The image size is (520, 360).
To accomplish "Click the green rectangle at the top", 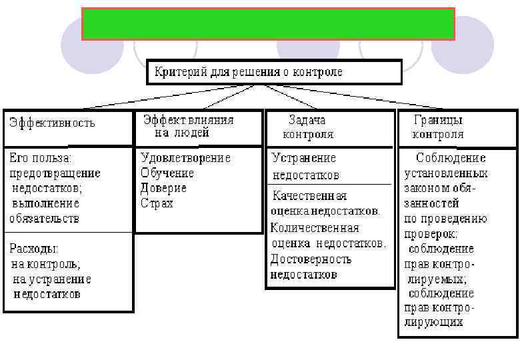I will click(268, 24).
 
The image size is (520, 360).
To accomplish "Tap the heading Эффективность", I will click(52, 123).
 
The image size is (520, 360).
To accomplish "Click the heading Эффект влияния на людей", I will click(188, 126).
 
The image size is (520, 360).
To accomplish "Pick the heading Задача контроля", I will click(307, 127).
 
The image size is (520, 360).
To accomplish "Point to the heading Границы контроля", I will click(438, 127).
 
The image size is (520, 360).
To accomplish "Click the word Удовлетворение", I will click(185, 158).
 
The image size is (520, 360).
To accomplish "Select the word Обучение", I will click(167, 173).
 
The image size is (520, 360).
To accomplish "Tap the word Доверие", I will click(164, 187).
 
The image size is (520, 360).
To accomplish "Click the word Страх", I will click(157, 203).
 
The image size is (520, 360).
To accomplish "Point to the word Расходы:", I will click(34, 249).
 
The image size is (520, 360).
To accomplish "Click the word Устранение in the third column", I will click(304, 158).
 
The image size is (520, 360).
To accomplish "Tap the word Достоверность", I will click(311, 259).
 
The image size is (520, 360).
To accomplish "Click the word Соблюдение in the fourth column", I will click(451, 158).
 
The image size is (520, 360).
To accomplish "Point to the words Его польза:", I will click(41, 159).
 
